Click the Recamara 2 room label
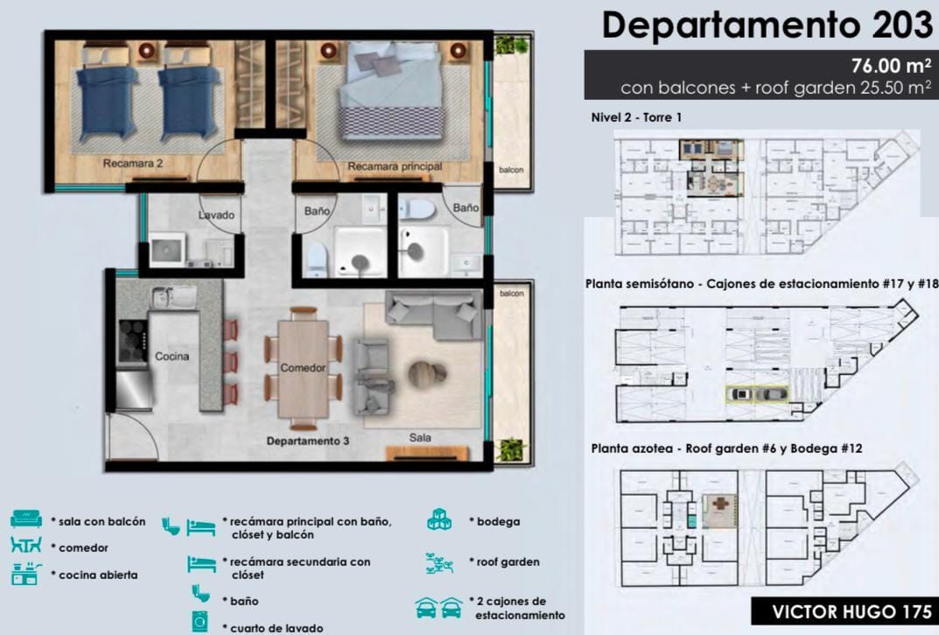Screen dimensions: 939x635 coord(132,163)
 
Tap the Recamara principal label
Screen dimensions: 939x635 coord(395,166)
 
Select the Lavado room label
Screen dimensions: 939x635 coord(216,215)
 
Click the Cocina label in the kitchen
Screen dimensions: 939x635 coord(172,356)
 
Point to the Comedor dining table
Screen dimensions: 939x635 coord(303,368)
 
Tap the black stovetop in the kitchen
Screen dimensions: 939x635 coord(133,342)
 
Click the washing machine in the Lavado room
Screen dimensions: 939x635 coord(167,249)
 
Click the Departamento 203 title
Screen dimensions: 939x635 coord(767,25)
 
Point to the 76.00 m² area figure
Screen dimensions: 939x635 coord(891,65)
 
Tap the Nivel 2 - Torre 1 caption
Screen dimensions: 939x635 coord(636,117)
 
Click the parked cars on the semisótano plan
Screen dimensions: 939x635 coord(757,394)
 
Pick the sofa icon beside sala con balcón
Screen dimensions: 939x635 coord(26,519)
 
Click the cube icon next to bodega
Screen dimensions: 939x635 coord(439,519)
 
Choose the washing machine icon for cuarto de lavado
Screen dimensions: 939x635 coord(200,622)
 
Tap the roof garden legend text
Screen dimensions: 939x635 coord(508,561)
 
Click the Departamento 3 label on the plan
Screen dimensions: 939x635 coord(308,441)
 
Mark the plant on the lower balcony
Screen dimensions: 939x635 coord(510,449)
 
